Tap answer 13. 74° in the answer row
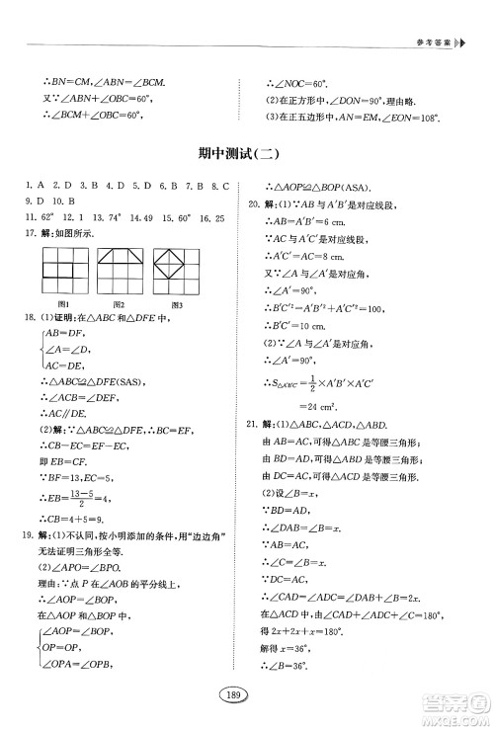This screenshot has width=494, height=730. pos(108,216)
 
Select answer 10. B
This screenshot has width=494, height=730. pos(52,201)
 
